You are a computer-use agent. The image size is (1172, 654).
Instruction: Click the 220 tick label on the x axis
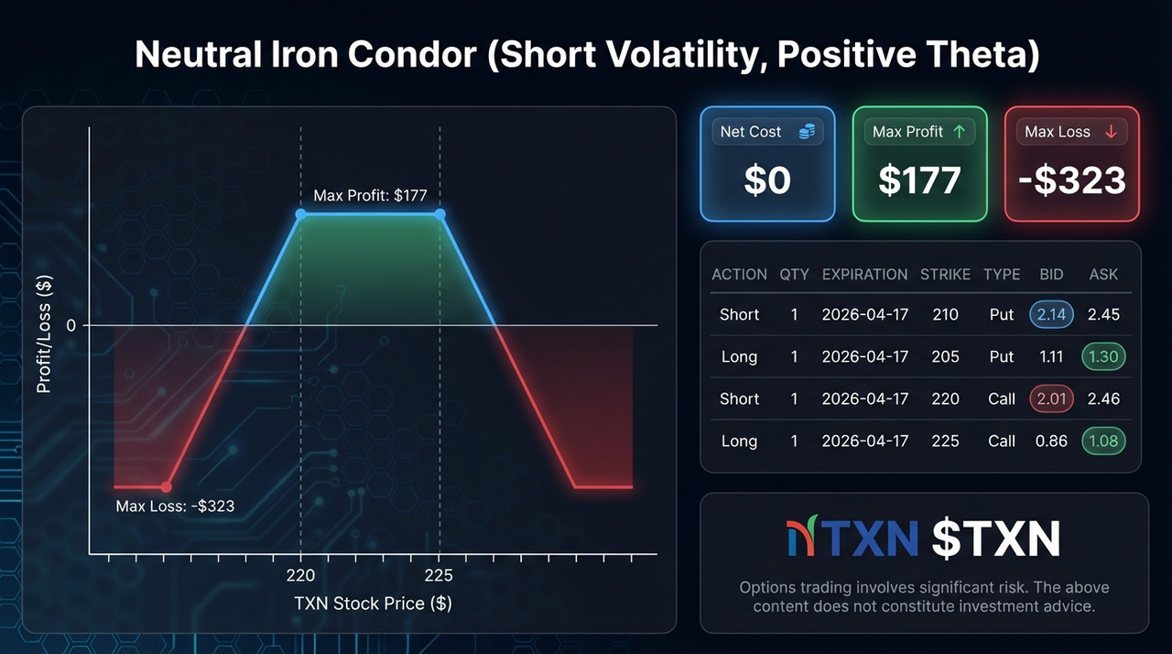click(x=300, y=575)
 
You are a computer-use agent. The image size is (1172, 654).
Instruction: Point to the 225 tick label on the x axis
click(x=439, y=575)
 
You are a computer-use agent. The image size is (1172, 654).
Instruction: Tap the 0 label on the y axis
click(x=71, y=325)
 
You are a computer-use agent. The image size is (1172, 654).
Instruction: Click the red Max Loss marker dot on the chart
click(x=167, y=486)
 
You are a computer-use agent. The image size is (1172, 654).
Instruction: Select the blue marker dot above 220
click(x=301, y=213)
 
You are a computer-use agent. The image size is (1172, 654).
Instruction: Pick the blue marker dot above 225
click(x=440, y=213)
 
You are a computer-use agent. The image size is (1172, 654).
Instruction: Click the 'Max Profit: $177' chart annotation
click(x=370, y=195)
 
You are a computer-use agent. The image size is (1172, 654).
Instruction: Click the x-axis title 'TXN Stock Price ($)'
click(x=373, y=604)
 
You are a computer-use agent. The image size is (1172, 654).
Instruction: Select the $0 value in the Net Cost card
click(x=767, y=181)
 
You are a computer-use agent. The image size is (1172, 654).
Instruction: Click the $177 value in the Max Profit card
click(x=919, y=181)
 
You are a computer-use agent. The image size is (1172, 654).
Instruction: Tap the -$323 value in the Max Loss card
click(x=1071, y=181)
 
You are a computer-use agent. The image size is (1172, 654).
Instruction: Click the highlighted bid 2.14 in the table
click(x=1051, y=314)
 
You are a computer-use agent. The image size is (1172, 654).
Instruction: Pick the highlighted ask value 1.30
click(x=1103, y=356)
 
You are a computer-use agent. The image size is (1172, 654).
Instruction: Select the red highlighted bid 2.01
click(x=1051, y=398)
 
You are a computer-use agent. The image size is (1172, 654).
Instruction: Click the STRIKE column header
click(x=945, y=274)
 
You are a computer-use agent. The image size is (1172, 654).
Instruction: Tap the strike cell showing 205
click(x=945, y=356)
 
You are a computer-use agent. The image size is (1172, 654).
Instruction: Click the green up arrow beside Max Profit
click(x=960, y=132)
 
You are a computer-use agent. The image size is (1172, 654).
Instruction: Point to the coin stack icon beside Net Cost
click(x=806, y=132)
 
